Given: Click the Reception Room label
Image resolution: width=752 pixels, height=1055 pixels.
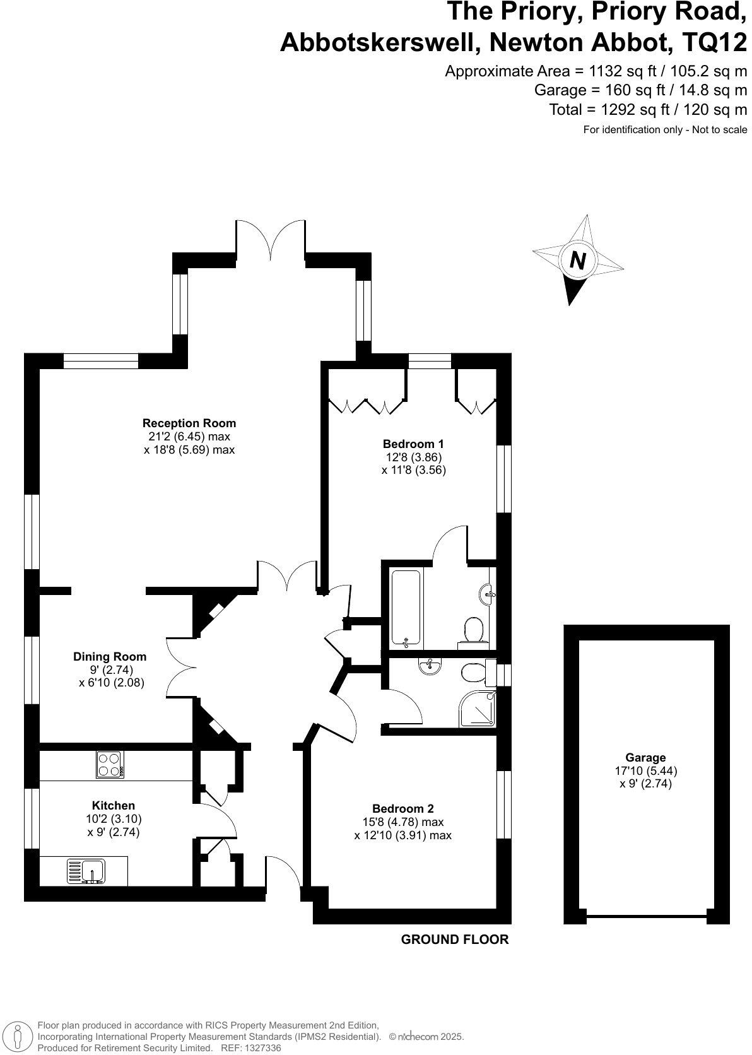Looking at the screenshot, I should (189, 423).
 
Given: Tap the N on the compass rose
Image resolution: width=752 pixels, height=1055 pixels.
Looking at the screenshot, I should (577, 260).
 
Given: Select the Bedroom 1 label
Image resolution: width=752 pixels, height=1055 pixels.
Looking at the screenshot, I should (413, 444).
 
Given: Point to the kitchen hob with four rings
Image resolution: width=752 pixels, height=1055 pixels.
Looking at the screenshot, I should (110, 764).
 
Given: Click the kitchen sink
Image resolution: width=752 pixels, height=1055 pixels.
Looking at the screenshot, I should (86, 872).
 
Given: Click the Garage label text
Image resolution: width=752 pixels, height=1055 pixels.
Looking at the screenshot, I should (645, 757).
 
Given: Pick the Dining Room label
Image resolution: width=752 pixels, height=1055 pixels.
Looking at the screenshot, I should (110, 657).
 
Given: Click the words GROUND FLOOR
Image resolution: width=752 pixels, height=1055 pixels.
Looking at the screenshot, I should (455, 940).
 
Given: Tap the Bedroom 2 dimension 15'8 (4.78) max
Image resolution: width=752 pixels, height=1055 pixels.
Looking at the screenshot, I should (408, 822).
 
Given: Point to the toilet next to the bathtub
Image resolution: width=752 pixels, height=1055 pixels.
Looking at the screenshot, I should (474, 630).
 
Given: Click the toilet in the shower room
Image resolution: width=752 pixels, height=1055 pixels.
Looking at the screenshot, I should (473, 673).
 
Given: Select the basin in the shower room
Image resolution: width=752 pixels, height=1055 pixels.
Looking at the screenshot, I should (430, 666).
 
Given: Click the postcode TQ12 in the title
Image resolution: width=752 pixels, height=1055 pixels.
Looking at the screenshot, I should (715, 43).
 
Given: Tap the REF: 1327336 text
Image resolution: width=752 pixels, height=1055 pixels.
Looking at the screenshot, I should (250, 1047).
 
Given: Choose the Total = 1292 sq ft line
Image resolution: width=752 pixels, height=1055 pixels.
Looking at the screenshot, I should (648, 109).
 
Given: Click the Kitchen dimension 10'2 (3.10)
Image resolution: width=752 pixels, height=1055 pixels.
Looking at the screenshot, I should (114, 819).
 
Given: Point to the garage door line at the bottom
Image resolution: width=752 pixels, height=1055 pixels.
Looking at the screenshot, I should (646, 916).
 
